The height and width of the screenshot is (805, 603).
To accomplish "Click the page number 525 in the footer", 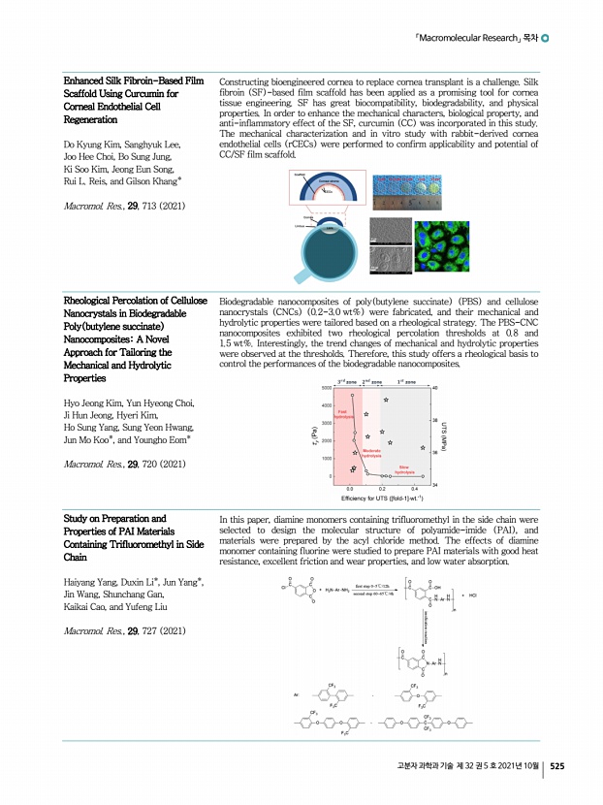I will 556,766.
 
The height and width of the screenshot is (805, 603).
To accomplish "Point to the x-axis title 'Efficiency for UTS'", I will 381,499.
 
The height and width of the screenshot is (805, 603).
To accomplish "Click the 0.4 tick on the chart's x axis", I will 415,488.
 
